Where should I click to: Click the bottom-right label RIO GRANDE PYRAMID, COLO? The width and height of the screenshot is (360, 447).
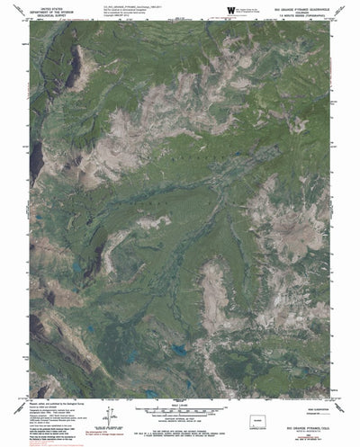click(x=310, y=430)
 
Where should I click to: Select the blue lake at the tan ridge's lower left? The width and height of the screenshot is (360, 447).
click(x=180, y=349)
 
